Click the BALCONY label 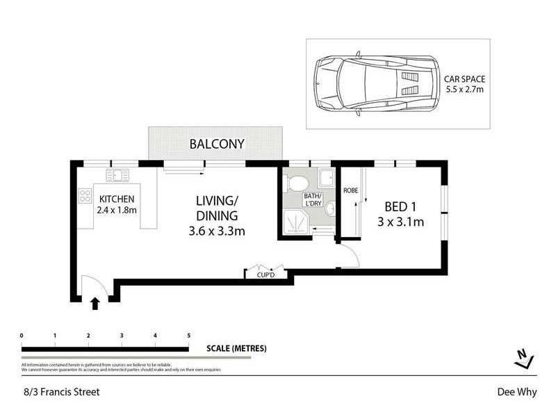(x=218, y=145)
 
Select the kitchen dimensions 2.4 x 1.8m (x=116, y=210)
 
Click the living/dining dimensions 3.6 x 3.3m (x=217, y=231)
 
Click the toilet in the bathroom (x=297, y=183)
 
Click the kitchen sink (x=115, y=174)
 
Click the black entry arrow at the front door (x=95, y=302)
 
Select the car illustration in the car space (x=376, y=83)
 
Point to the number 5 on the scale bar (x=188, y=336)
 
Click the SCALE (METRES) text (x=236, y=348)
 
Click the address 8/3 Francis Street (x=60, y=392)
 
